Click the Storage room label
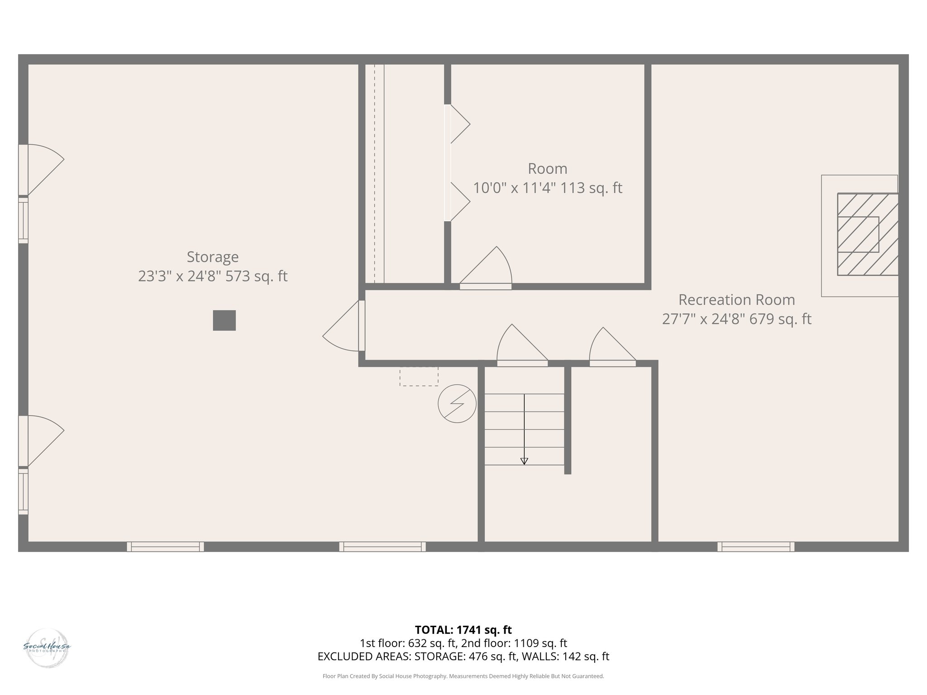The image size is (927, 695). click(x=212, y=257)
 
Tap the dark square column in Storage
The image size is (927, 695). click(x=224, y=320)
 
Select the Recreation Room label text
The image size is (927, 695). click(x=736, y=300)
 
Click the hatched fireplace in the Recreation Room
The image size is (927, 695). click(x=867, y=234)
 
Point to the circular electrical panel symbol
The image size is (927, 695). click(x=457, y=404)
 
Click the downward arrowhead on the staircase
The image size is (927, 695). click(x=524, y=461)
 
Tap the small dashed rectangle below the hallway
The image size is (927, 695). click(x=419, y=376)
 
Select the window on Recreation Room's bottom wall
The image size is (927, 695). click(x=755, y=547)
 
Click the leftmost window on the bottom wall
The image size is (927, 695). click(x=165, y=547)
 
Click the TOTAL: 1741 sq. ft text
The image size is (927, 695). click(x=463, y=630)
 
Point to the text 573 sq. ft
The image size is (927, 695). click(x=256, y=276)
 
